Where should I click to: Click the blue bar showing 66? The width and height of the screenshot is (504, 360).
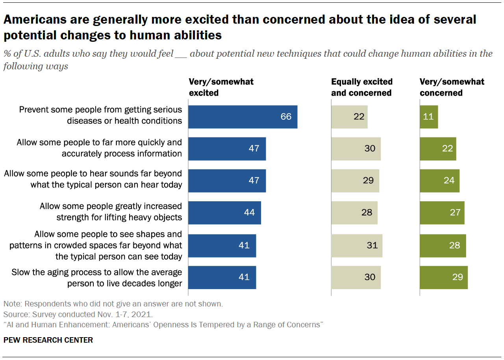point(243,117)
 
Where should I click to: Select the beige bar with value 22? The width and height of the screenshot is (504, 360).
point(349,117)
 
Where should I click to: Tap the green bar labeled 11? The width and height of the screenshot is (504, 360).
point(429,117)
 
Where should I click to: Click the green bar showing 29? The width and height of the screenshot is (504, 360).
point(444,277)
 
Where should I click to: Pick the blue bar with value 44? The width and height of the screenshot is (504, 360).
point(224,213)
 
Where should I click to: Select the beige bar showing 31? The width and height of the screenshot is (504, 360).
point(357,245)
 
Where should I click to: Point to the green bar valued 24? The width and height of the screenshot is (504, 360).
point(439,181)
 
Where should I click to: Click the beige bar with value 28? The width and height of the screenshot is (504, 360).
point(354,213)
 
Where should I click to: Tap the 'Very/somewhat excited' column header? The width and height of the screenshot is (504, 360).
point(221,87)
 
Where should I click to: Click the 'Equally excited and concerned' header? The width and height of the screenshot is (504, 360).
point(361,87)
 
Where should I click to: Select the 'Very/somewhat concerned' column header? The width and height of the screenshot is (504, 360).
point(452,87)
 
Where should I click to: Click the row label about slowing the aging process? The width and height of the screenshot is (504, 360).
point(97,278)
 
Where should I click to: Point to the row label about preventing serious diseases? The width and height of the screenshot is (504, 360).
point(101,115)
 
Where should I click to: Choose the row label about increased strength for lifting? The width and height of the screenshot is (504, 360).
point(111,212)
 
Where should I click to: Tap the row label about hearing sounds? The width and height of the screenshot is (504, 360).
point(93,179)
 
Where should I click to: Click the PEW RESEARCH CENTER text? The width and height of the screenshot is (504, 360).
point(48,340)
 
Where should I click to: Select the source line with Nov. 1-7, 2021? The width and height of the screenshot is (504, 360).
point(78,315)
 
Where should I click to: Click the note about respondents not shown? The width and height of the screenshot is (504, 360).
point(113,304)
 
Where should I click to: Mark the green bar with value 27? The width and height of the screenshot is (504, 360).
point(442,213)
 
